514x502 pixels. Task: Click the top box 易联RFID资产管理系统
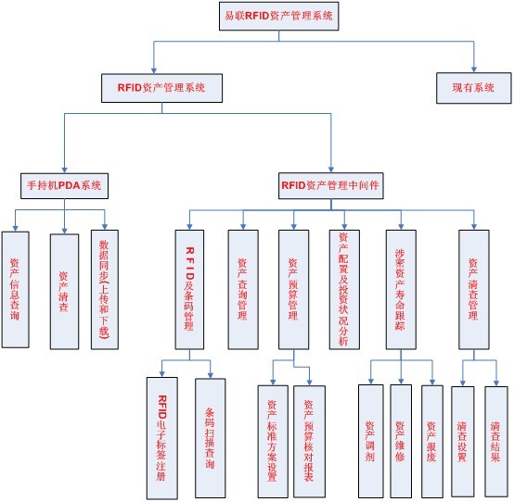coord(278,16)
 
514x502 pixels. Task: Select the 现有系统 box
coord(474,88)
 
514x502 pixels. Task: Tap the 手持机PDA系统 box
coord(64,186)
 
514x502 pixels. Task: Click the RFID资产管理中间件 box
coord(330,186)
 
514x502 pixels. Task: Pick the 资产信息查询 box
coord(16,290)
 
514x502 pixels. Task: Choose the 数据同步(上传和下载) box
coord(105,290)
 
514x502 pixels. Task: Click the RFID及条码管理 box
coord(189,290)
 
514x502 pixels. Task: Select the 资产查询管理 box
coord(243,290)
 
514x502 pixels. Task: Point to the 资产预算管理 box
coord(294,290)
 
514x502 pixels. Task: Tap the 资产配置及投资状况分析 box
coord(344,290)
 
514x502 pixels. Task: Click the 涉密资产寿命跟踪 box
coord(401,290)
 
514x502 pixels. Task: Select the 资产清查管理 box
coord(474,290)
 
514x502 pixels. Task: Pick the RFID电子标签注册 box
coord(162,438)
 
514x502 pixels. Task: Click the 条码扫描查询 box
coord(210,438)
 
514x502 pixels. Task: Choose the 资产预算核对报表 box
coord(309,442)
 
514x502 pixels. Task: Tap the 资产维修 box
coord(401,441)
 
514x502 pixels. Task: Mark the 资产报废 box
coord(432,441)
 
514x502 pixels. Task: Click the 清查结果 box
coord(496,442)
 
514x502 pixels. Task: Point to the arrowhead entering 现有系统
coord(474,69)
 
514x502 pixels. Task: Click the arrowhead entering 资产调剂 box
coord(371,381)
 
